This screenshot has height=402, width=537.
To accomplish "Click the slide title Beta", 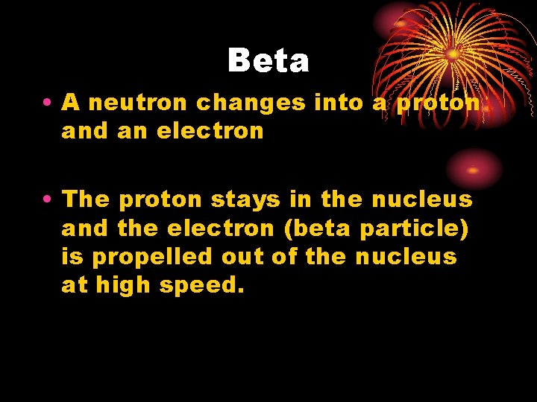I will (x=268, y=60).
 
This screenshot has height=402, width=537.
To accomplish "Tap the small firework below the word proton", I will (x=473, y=168).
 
